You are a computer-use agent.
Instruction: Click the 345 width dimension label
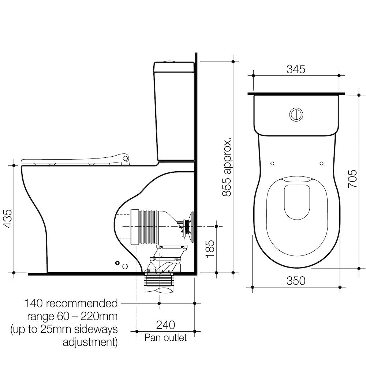[296, 69]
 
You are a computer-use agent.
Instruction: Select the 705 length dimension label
[352, 179]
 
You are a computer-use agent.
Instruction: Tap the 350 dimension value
[296, 281]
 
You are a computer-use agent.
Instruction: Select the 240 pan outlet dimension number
[165, 325]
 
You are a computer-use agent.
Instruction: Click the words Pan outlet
[165, 337]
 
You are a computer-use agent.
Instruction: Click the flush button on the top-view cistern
[296, 114]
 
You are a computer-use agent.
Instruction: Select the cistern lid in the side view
[174, 67]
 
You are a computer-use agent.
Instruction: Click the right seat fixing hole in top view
[321, 164]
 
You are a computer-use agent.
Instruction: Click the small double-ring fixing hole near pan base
[117, 263]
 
